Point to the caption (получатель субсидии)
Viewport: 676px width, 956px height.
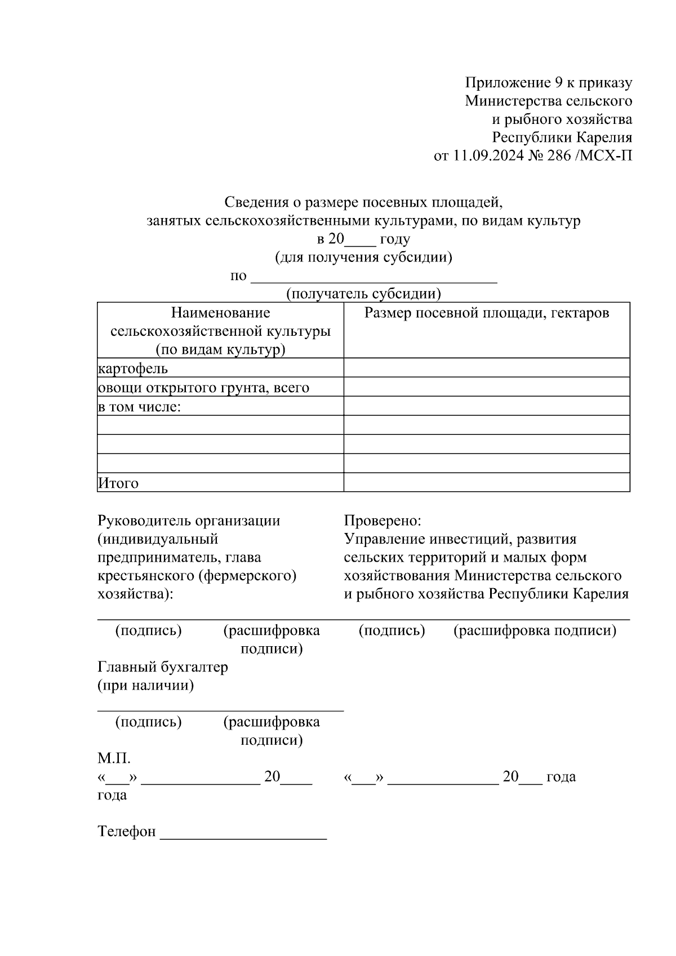coord(363,294)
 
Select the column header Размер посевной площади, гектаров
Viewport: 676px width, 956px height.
coord(487,313)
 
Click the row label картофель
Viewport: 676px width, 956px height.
coord(133,368)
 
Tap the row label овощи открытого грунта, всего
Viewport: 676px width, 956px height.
coord(203,388)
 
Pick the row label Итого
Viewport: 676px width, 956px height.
coord(118,483)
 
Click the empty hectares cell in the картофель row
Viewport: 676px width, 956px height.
coord(487,368)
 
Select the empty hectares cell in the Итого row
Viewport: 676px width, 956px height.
coord(487,482)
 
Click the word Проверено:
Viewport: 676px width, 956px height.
coord(383,521)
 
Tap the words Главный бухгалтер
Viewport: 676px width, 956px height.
coord(163,667)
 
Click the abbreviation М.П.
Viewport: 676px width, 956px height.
coord(114,758)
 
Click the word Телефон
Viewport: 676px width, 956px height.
coord(127,832)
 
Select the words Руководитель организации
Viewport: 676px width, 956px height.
coord(189,521)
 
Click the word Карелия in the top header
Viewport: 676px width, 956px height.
coord(603,137)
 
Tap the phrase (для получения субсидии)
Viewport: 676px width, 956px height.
coord(363,257)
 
